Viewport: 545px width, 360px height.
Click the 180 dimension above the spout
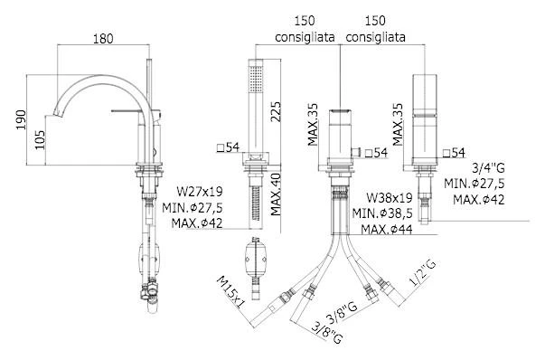(x=104, y=39)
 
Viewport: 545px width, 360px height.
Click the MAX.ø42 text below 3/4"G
(x=479, y=200)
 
